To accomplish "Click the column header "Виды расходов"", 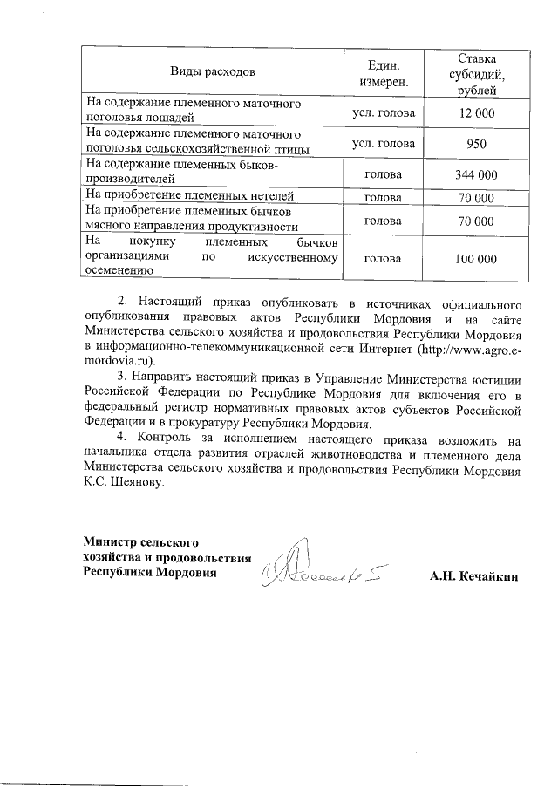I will click(213, 68).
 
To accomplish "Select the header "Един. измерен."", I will click(383, 68).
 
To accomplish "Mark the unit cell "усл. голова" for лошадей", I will click(383, 113).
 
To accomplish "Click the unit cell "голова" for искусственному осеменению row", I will click(383, 259).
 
